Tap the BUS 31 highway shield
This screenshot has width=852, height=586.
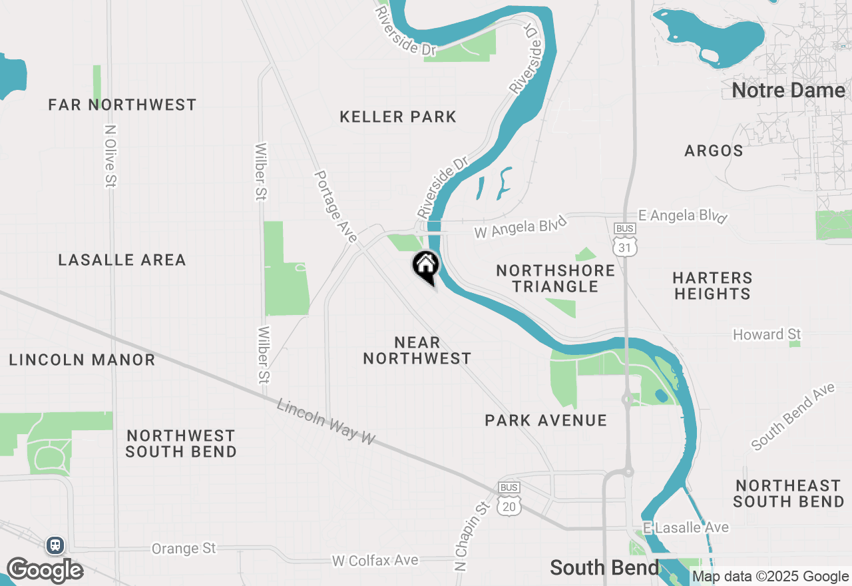click(x=625, y=240)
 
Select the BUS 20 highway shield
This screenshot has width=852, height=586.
click(x=509, y=499)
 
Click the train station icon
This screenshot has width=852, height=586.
click(x=55, y=545)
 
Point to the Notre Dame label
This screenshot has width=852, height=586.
click(x=788, y=91)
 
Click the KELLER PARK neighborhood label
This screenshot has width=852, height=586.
click(x=398, y=117)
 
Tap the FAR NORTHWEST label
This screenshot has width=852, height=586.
click(x=122, y=105)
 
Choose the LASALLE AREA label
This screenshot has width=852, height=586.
click(x=122, y=260)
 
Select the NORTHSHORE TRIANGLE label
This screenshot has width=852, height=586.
click(x=546, y=278)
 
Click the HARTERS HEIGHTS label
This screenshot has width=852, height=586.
click(x=712, y=286)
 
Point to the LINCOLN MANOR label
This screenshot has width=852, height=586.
click(x=82, y=360)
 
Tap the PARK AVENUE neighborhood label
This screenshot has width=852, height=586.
click(x=546, y=421)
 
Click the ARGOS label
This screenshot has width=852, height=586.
click(x=714, y=151)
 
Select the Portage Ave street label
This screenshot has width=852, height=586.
click(x=335, y=206)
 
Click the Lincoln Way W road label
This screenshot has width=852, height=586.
click(x=325, y=422)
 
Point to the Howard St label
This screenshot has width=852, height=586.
click(x=767, y=334)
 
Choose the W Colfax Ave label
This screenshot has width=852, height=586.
click(x=375, y=561)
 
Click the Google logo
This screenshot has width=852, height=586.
click(x=44, y=570)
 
